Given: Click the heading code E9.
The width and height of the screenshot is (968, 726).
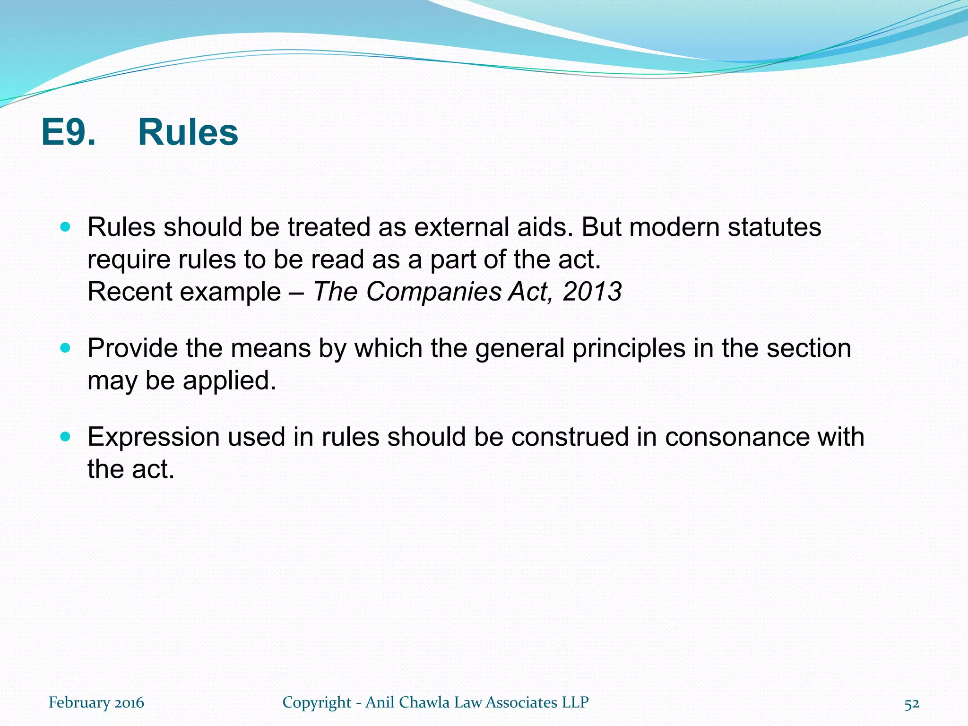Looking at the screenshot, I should click(x=68, y=133).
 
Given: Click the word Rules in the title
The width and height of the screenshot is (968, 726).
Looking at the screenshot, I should click(x=188, y=133).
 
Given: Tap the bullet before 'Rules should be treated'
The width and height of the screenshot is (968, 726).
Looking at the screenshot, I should click(x=66, y=227).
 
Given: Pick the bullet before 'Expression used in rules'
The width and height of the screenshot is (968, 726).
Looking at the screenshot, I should click(x=66, y=437).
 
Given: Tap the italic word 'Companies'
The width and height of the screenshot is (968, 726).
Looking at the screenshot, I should click(x=433, y=292).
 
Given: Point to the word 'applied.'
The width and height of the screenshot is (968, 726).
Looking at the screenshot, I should click(x=229, y=380).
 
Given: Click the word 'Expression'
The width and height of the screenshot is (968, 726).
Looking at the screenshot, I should click(x=153, y=437).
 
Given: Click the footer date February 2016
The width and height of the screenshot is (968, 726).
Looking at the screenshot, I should click(x=96, y=702).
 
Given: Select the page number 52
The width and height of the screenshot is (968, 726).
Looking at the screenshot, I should click(x=912, y=704).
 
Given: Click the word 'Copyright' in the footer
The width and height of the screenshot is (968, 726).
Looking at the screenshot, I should click(x=317, y=703).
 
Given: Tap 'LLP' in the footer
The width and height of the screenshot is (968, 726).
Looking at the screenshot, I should click(x=575, y=702).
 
